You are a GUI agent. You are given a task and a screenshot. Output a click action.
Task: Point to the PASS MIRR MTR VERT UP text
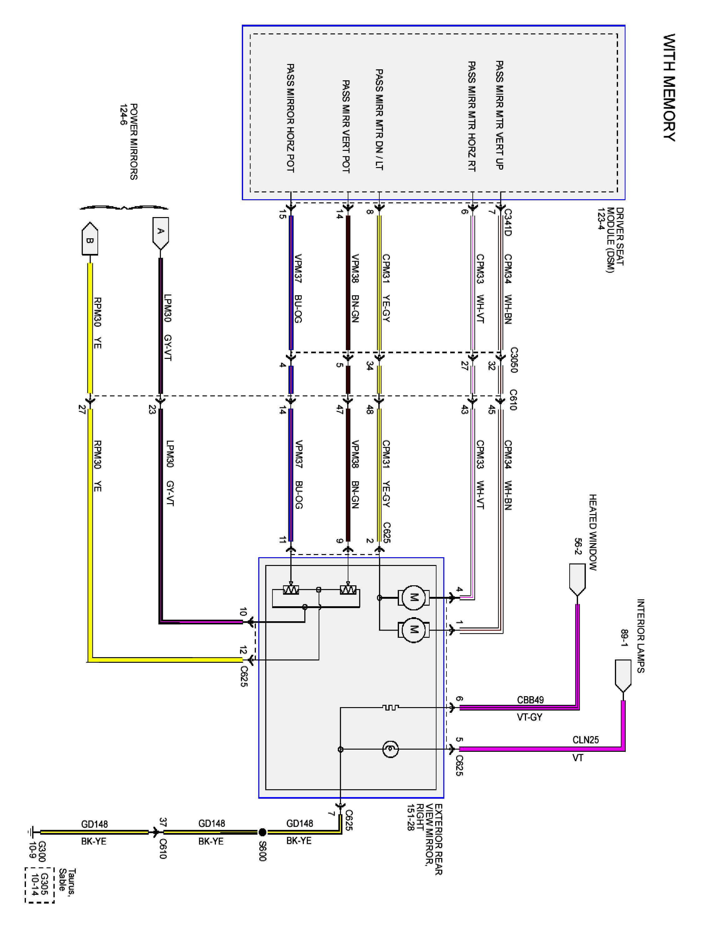500,115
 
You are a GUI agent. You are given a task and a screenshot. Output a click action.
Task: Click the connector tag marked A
161,232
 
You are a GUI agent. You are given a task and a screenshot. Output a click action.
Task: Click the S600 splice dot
262,832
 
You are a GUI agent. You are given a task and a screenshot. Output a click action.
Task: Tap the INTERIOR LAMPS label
640,635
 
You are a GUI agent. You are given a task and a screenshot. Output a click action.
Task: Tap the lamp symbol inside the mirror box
390,749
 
